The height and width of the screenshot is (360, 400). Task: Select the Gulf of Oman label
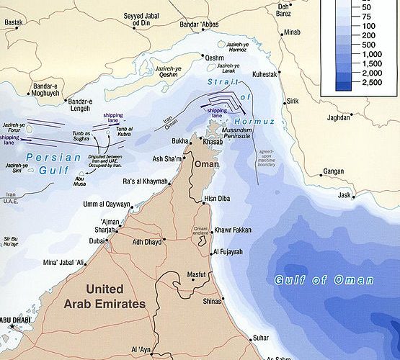[324, 280]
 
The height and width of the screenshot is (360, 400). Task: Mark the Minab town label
[293, 32]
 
